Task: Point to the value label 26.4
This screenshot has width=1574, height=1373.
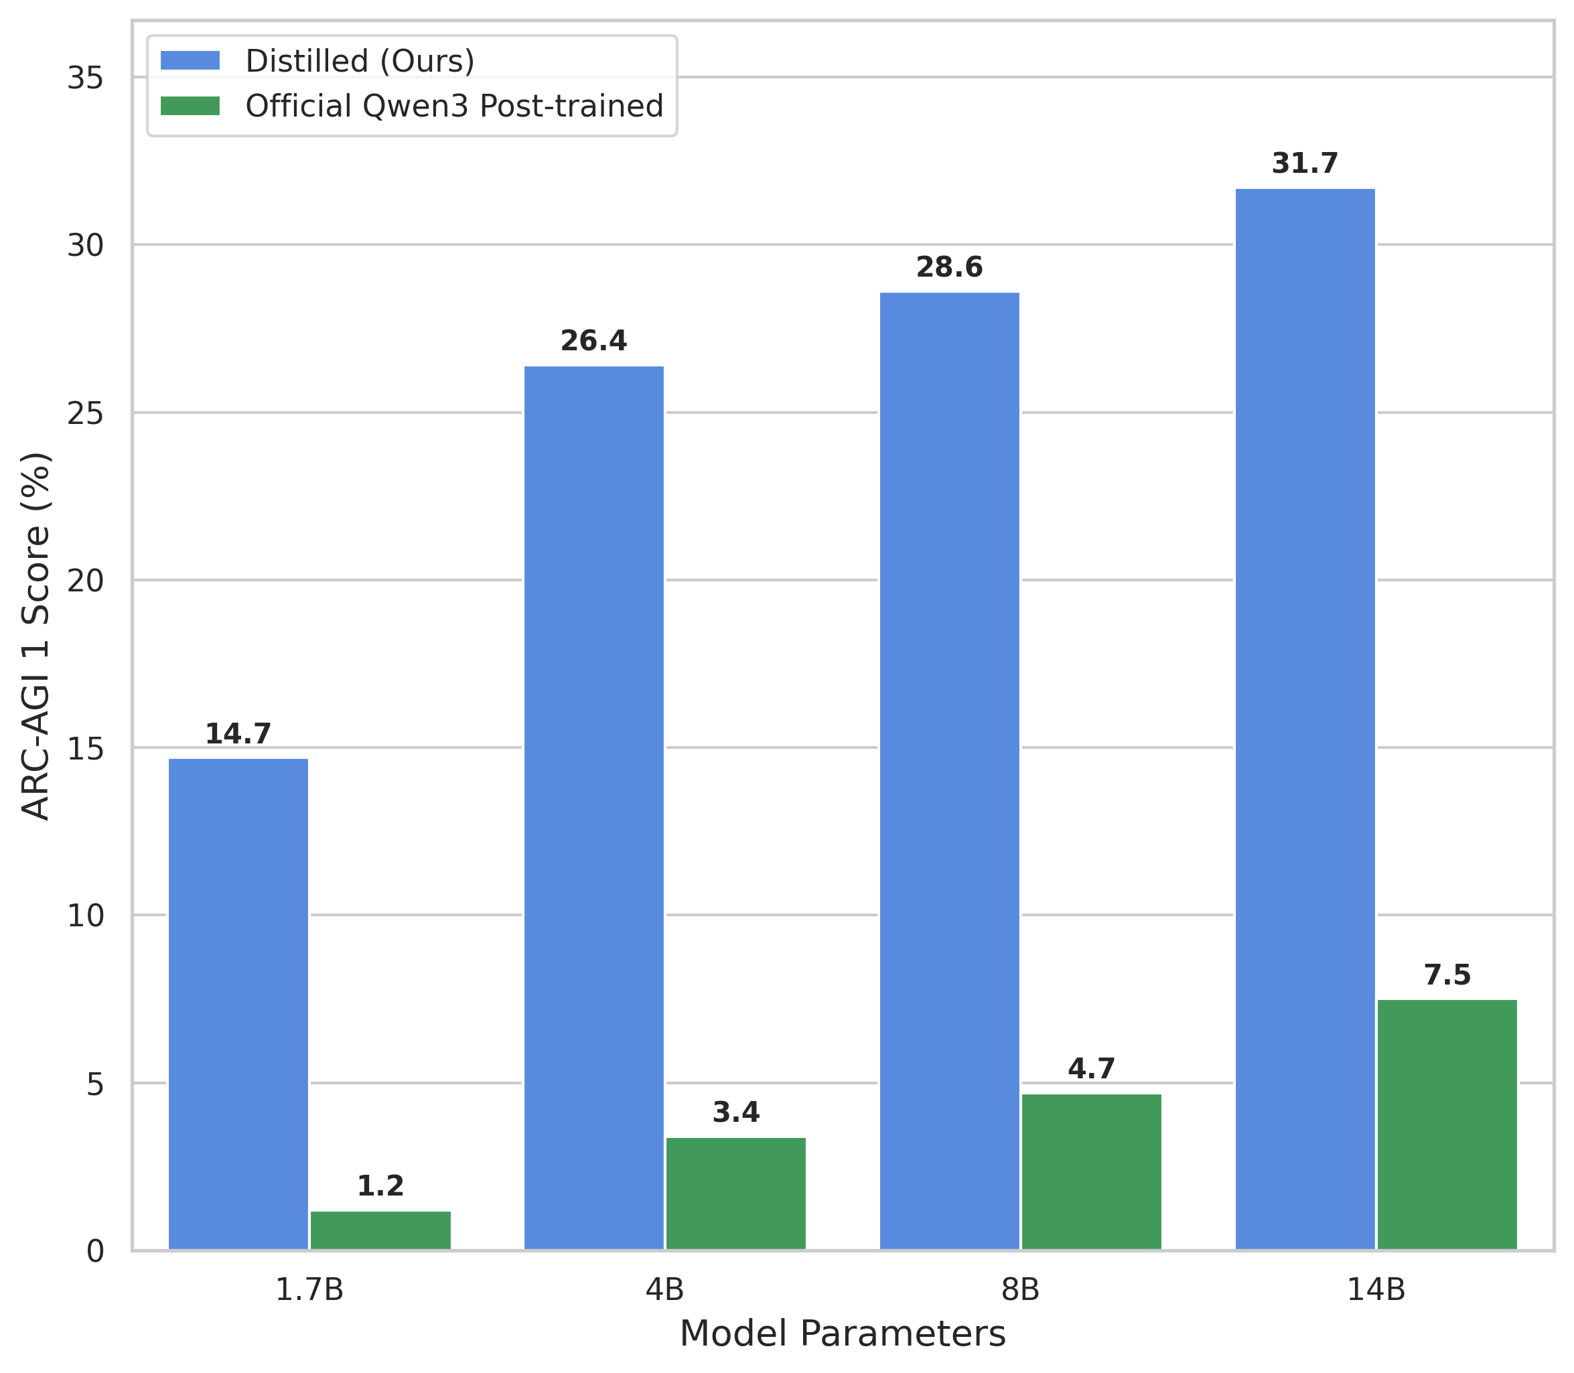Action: tap(594, 341)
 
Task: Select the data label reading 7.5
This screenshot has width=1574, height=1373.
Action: tap(1447, 975)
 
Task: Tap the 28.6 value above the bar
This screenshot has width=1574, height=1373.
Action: tap(950, 267)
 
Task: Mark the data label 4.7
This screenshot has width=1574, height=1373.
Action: tap(1091, 1069)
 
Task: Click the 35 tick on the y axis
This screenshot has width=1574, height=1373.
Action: tap(85, 78)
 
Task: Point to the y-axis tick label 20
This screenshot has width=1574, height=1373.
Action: tap(85, 581)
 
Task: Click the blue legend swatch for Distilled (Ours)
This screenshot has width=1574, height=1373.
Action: tap(190, 60)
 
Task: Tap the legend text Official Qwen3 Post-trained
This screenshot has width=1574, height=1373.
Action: tap(453, 106)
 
